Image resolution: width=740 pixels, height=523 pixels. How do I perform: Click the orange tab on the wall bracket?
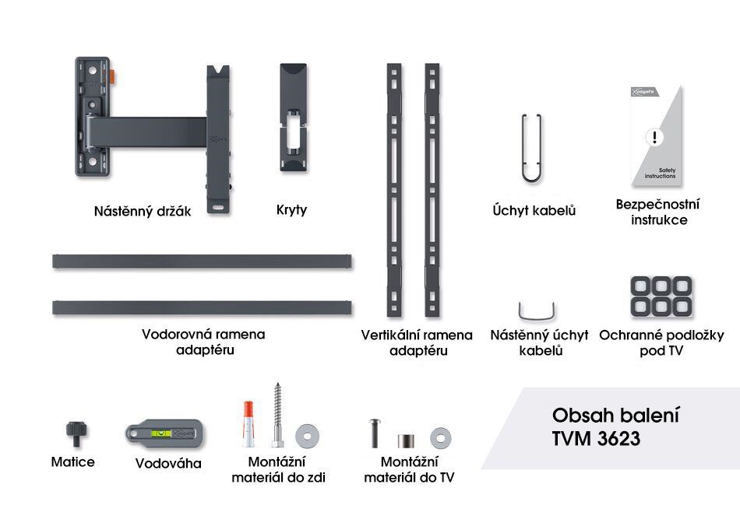click(x=114, y=76)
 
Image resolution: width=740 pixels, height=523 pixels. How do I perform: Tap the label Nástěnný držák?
click(x=143, y=211)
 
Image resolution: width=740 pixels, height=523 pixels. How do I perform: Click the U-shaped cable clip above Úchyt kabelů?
click(x=531, y=148)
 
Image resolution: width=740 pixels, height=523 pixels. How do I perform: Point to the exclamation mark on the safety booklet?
click(x=655, y=138)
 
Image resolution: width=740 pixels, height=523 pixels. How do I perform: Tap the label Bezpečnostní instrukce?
click(x=657, y=212)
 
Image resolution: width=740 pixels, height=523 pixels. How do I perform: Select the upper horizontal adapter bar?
click(x=202, y=261)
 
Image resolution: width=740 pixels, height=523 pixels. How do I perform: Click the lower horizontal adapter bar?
click(x=202, y=307)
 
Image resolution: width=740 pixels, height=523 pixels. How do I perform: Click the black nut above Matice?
click(x=76, y=430)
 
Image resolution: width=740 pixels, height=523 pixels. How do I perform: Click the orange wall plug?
click(x=247, y=421)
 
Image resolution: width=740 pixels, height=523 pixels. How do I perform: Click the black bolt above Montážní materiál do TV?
click(x=375, y=433)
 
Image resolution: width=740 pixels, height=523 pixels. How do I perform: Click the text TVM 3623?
click(x=596, y=438)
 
